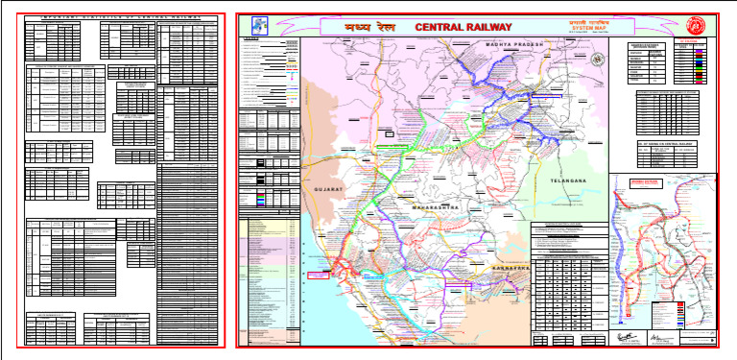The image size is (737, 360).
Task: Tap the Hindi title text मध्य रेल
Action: point(362,27)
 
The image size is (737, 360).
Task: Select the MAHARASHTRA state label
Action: point(435,207)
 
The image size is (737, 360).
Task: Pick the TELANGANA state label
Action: point(566,180)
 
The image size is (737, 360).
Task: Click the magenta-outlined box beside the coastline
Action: point(317,275)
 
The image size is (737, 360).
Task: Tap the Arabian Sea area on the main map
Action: point(317,307)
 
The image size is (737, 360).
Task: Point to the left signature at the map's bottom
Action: point(627,338)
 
